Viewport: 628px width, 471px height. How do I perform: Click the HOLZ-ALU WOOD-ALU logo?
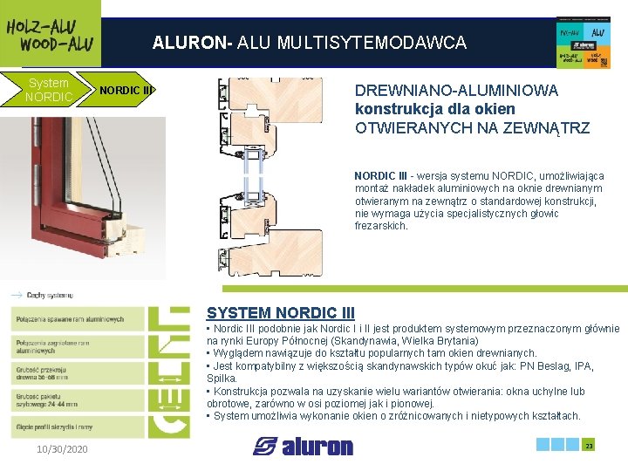[x=50, y=34]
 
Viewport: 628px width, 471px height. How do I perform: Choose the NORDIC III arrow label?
[x=125, y=90]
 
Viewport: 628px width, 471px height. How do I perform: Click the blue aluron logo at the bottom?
[x=304, y=447]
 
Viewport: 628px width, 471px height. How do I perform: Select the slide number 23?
[x=589, y=446]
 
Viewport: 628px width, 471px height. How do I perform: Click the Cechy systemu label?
[x=49, y=295]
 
